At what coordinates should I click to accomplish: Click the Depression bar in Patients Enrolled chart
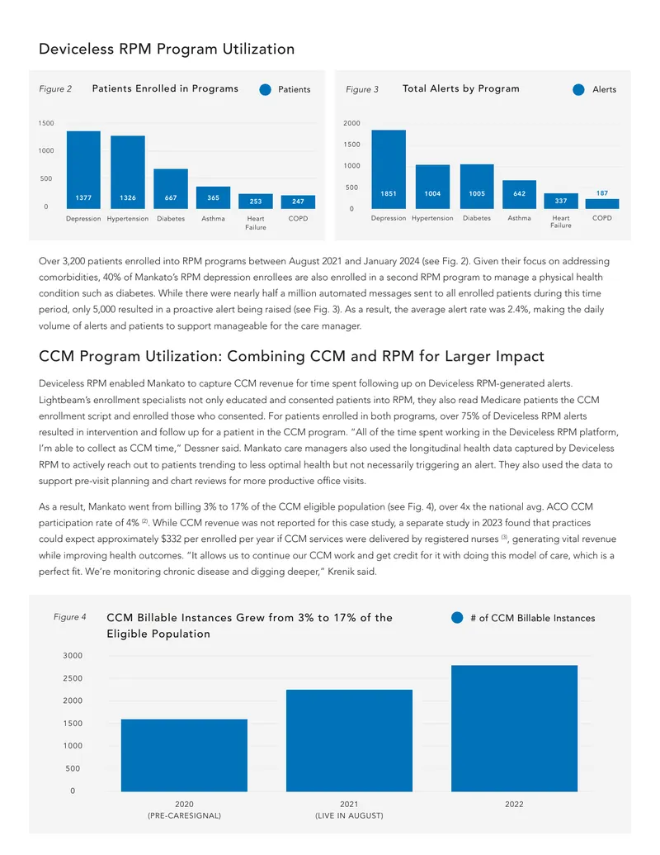point(83,169)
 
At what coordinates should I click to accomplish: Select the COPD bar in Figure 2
point(298,202)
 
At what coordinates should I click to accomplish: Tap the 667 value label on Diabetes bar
point(171,197)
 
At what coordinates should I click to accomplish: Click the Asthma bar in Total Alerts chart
point(520,194)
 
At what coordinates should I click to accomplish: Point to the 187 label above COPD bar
point(601,193)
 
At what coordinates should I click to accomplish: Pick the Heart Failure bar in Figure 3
point(561,201)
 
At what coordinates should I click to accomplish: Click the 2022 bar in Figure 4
point(514,728)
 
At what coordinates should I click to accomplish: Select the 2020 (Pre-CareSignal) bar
point(184,755)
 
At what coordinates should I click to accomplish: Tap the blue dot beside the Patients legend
point(265,89)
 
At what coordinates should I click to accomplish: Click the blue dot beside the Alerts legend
point(578,89)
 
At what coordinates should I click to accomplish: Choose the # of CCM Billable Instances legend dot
point(457,617)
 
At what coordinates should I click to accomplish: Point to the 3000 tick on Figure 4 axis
point(73,655)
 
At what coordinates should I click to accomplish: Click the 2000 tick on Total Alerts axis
point(351,123)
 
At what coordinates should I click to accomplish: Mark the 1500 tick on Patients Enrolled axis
point(46,123)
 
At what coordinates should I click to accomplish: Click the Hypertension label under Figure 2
point(127,219)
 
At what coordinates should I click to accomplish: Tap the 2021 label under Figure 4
point(349,804)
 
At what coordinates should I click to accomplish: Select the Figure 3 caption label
point(362,89)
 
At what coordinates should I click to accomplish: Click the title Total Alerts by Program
point(460,88)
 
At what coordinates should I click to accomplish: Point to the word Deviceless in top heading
point(76,49)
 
